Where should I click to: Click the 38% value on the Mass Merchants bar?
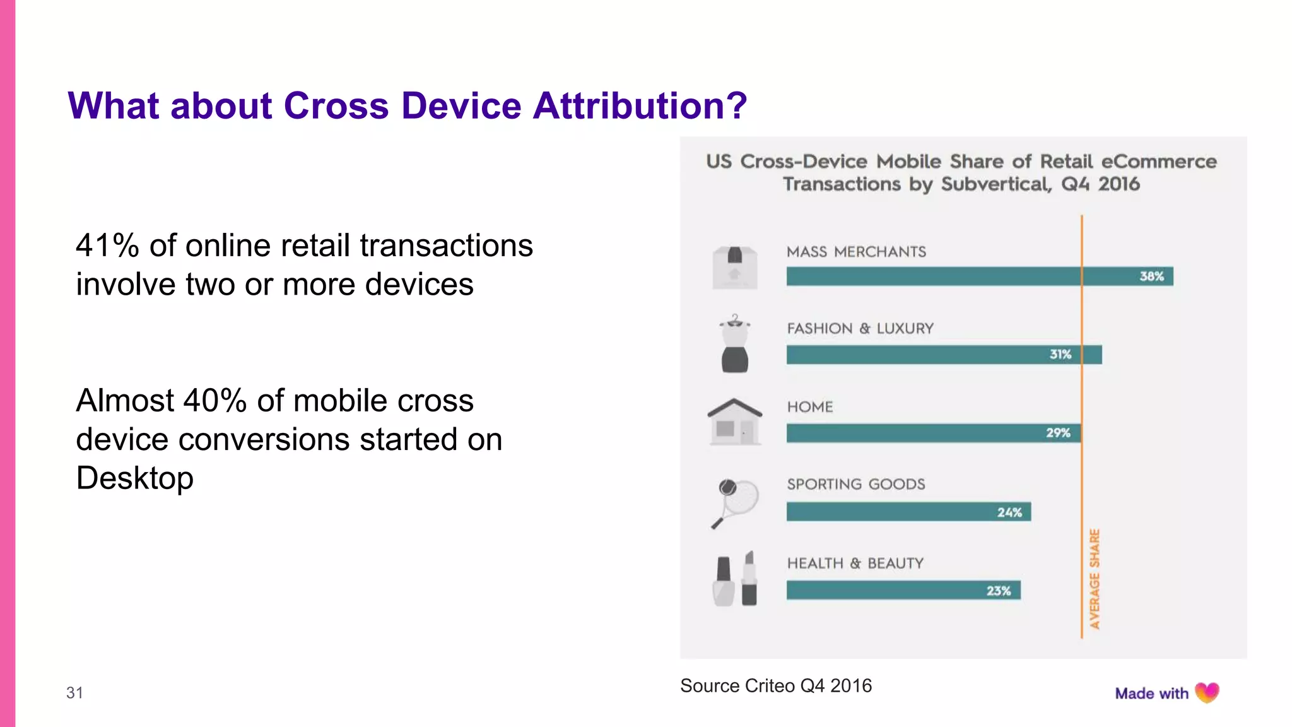[x=1151, y=276]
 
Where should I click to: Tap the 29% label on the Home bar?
[x=1058, y=433]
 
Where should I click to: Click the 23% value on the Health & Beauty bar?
[x=999, y=591]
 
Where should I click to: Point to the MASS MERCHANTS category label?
[x=856, y=252]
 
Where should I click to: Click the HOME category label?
[x=810, y=407]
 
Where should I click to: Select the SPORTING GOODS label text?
[x=855, y=484]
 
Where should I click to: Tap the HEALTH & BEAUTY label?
[x=855, y=563]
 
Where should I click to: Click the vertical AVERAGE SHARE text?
[x=1095, y=579]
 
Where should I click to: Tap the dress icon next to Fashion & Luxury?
[x=734, y=344]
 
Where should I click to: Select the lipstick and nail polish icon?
[x=734, y=579]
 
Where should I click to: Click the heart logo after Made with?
[x=1207, y=693]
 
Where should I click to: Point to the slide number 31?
[x=74, y=693]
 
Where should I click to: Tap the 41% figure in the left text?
[x=107, y=245]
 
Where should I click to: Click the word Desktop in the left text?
[x=134, y=478]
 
